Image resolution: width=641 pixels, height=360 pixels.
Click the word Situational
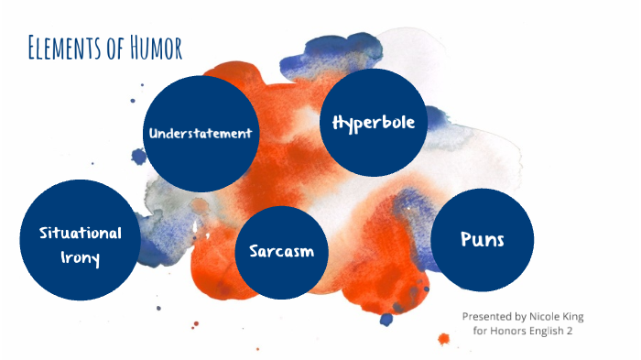pos(81,232)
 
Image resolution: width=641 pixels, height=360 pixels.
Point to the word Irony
pos(81,257)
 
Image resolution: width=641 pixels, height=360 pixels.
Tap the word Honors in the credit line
pos(508,331)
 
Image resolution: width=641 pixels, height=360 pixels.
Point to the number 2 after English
pos(570,331)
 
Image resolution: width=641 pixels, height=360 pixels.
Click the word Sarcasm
pos(281,251)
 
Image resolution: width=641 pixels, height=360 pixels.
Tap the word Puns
pos(482,239)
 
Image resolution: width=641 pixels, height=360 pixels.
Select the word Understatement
pos(200,133)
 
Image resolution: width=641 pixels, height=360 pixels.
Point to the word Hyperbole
pos(374,122)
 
